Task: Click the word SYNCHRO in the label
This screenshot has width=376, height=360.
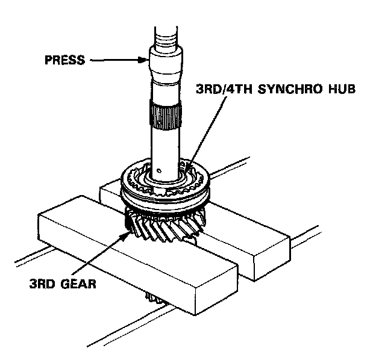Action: click(x=287, y=90)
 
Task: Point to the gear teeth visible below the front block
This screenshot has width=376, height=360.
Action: click(x=155, y=299)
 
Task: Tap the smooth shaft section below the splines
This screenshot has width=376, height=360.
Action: click(x=164, y=147)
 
